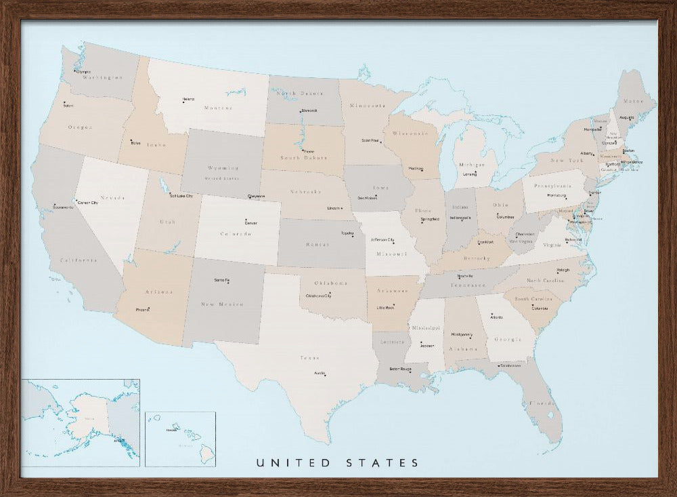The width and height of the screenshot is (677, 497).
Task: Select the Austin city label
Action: (320, 374)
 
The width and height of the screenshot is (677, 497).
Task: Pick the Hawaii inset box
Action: (180, 439)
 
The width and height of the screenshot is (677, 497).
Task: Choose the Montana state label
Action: (218, 108)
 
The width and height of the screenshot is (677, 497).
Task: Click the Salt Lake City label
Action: (181, 196)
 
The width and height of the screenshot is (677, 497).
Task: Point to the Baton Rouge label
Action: (400, 370)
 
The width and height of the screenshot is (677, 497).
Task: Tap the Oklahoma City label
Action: (319, 296)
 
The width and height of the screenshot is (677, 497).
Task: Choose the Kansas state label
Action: (317, 243)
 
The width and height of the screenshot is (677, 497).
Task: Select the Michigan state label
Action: (472, 165)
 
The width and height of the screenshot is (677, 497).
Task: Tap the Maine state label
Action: (634, 101)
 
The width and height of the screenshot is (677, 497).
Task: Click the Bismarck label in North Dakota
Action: (309, 110)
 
